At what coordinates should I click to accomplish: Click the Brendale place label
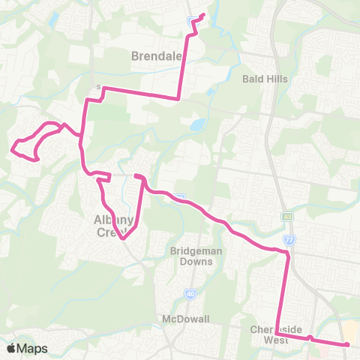(155, 55)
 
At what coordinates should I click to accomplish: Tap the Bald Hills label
(265, 78)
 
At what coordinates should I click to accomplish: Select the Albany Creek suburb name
(113, 226)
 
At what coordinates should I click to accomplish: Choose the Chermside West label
(277, 334)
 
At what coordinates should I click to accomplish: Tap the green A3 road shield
(287, 216)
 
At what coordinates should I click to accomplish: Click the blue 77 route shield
(291, 240)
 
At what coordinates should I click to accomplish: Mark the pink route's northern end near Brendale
(203, 14)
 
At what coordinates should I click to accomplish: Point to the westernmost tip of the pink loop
(12, 149)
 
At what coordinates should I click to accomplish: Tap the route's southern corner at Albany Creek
(124, 238)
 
